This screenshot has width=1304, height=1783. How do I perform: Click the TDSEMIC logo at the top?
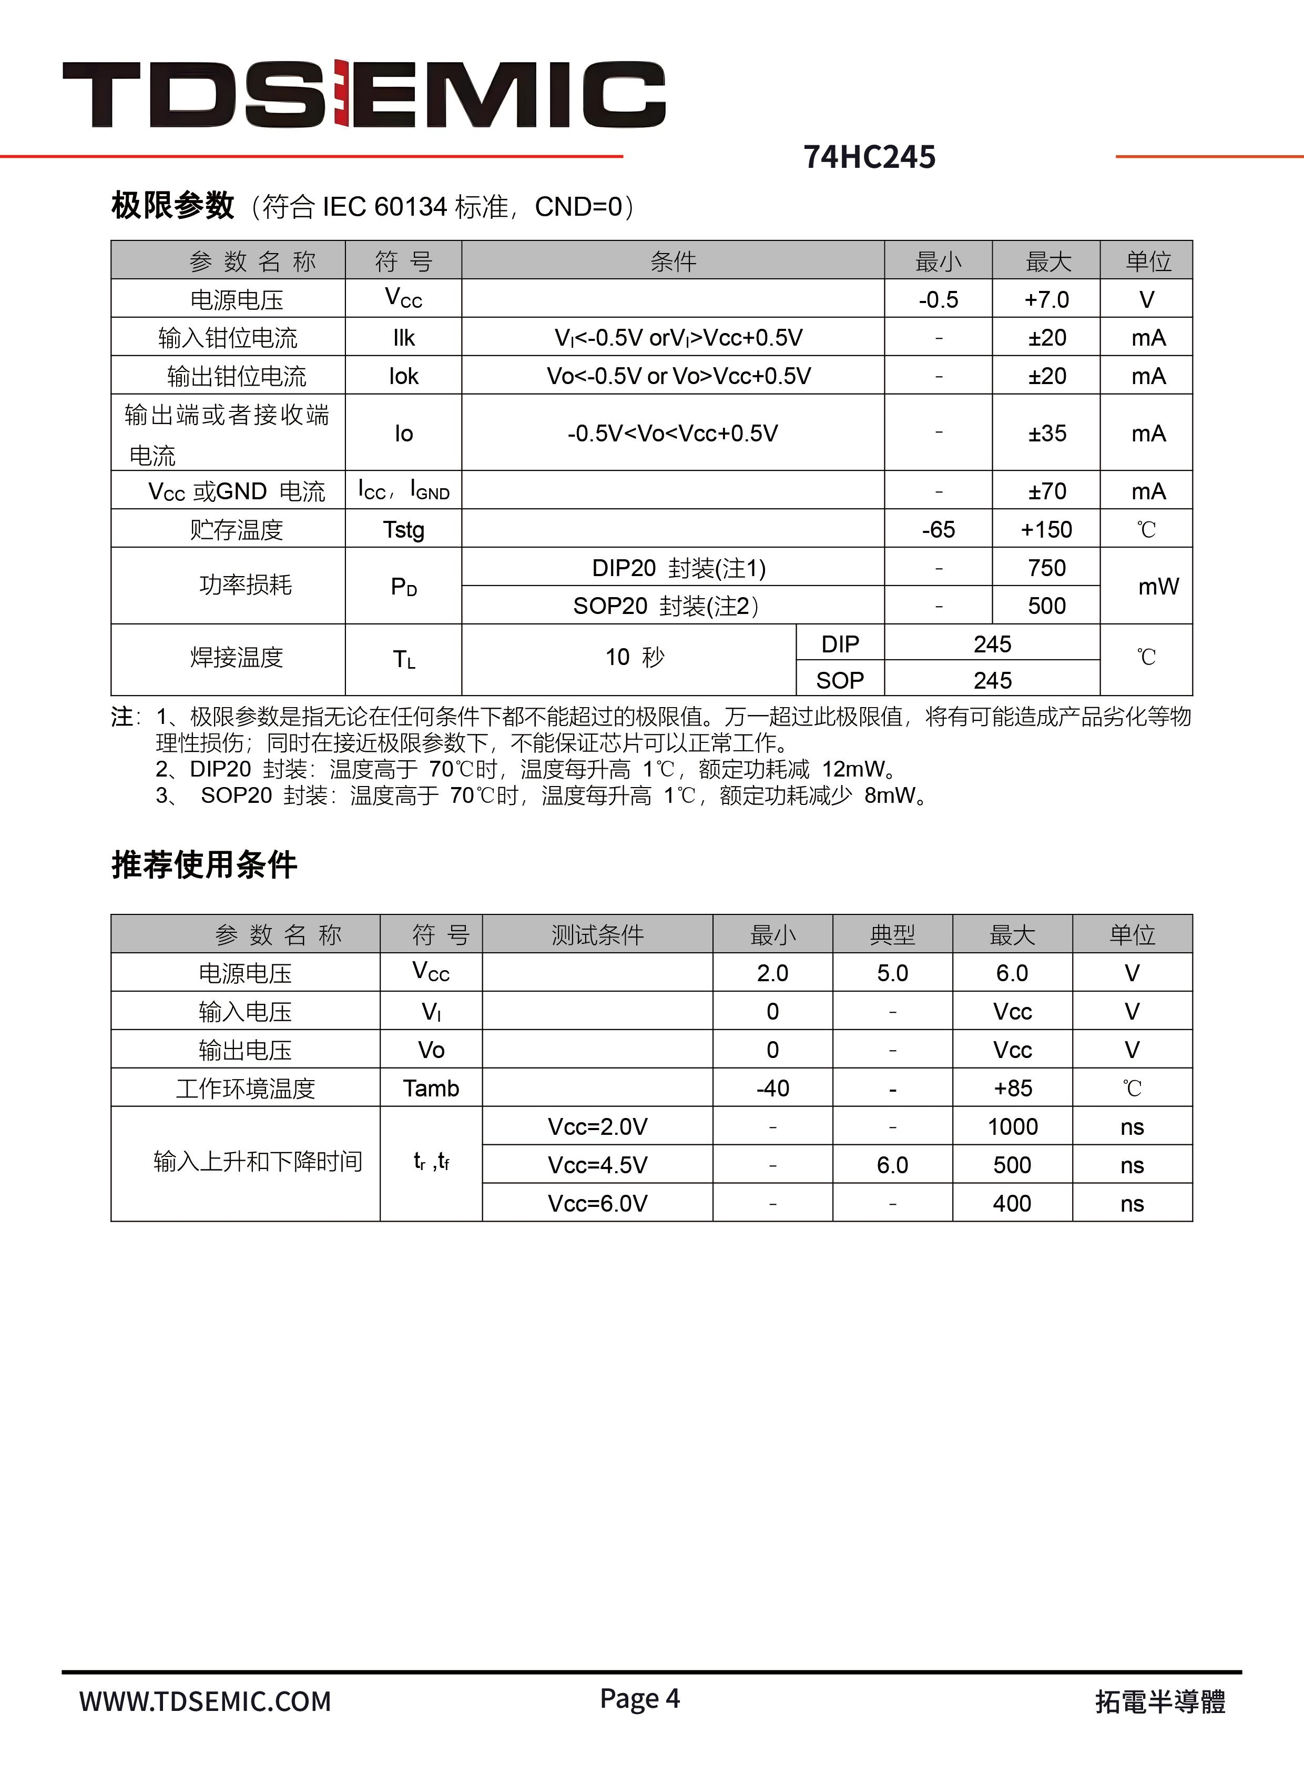[364, 94]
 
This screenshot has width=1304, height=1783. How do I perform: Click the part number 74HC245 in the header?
[869, 157]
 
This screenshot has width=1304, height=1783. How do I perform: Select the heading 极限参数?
[172, 206]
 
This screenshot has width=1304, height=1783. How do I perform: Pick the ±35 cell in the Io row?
[1047, 434]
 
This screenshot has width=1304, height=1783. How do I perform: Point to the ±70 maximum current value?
[1047, 491]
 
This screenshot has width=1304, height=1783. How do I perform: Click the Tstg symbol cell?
[403, 529]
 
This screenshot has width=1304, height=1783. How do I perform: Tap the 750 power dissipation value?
[1047, 568]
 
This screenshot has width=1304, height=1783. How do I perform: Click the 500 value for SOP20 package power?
[1047, 606]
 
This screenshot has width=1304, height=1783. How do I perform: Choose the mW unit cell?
[1157, 587]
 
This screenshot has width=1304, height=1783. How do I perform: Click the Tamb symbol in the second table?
[431, 1088]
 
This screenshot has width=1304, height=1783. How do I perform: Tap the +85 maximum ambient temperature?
[1013, 1088]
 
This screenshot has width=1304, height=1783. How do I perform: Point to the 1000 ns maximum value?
[1013, 1127]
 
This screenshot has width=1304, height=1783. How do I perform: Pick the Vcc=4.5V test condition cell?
[597, 1165]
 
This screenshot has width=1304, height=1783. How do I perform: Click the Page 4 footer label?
[639, 1698]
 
